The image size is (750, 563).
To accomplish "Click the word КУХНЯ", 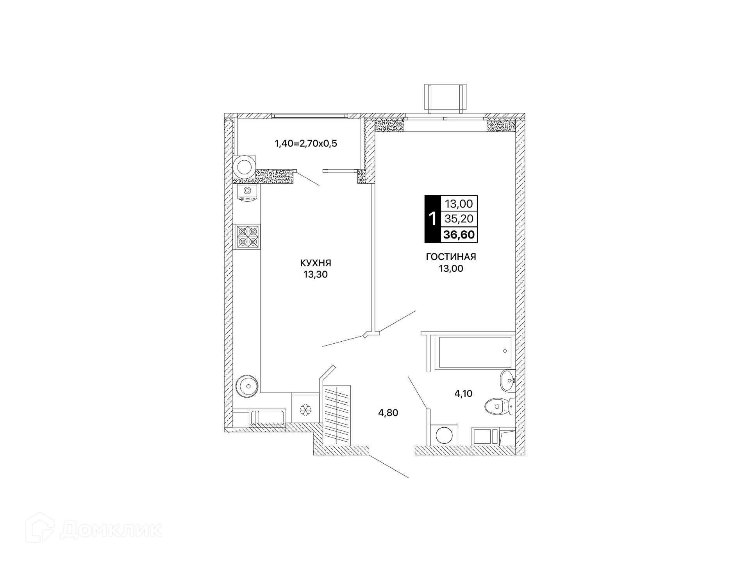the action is (316, 262).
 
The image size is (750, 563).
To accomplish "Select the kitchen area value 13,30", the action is (316, 274).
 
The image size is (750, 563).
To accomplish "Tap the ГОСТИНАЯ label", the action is (451, 256).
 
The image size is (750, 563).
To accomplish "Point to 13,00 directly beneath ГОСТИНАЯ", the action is (451, 269).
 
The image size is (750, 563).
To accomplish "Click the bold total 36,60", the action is (459, 235).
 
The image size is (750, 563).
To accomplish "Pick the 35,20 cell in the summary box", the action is (459, 219).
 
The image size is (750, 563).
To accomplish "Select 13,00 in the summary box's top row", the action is (459, 203).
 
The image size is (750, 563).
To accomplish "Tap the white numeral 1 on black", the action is (432, 219).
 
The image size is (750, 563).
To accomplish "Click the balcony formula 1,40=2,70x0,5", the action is (306, 143).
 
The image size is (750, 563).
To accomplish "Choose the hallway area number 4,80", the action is (388, 412).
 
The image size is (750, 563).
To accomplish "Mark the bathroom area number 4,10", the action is (463, 394).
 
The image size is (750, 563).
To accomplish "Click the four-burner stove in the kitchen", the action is (247, 237).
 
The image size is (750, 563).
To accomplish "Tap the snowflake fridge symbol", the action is (305, 410).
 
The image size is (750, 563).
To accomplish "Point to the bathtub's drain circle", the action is (505, 351).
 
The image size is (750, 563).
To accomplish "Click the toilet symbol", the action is (500, 406).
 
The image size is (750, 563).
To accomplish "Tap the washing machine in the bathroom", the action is (444, 435).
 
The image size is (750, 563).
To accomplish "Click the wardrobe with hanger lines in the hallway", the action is (337, 414).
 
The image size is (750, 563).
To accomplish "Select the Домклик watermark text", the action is (111, 531).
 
